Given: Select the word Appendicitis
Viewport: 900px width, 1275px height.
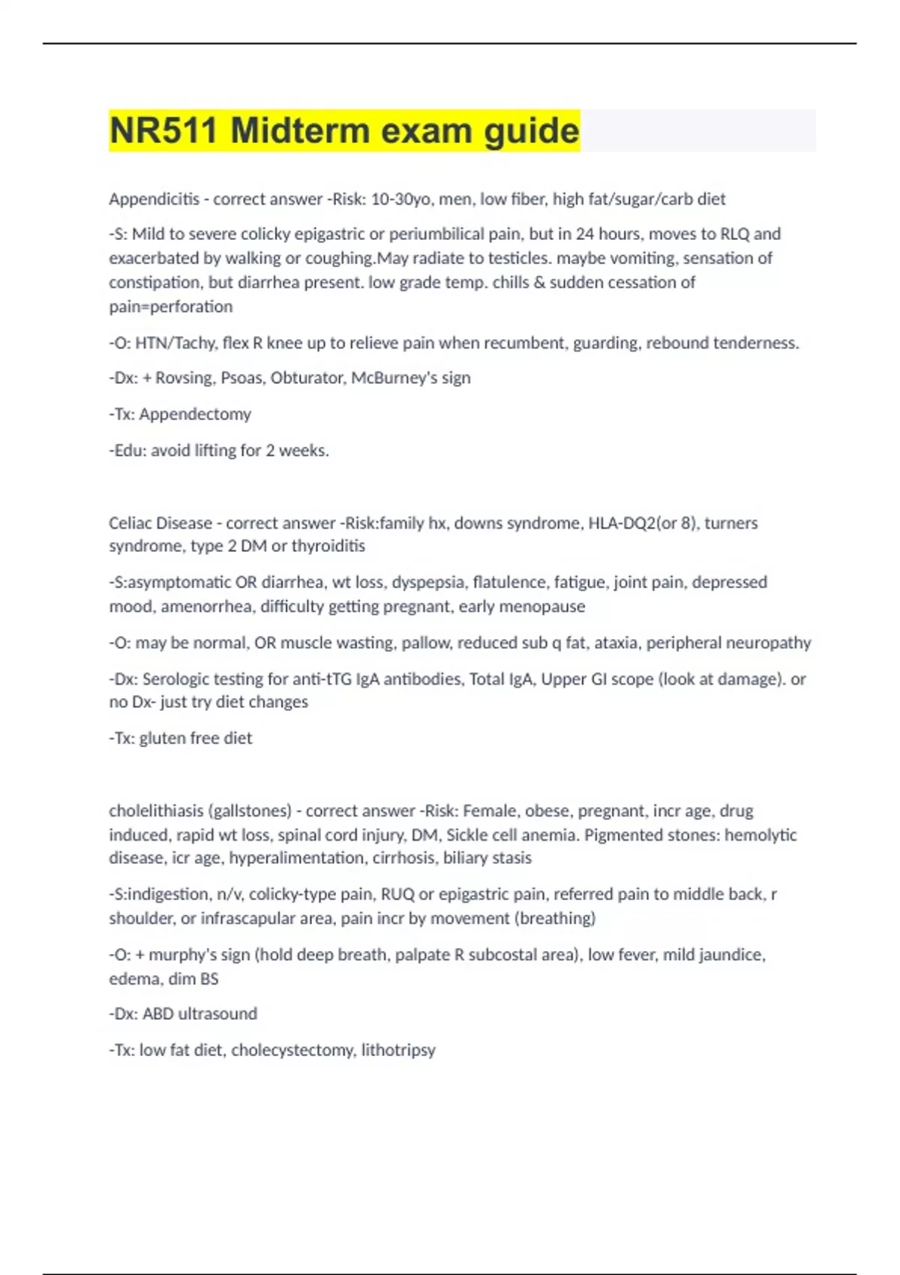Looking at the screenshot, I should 154,199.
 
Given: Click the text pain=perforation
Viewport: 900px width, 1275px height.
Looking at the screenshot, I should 171,307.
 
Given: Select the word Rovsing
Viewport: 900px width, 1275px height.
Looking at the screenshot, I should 185,378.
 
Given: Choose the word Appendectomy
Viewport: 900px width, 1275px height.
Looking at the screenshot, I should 195,414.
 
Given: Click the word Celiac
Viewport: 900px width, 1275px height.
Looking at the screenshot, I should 130,523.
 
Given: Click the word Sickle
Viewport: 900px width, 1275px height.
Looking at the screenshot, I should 468,835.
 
